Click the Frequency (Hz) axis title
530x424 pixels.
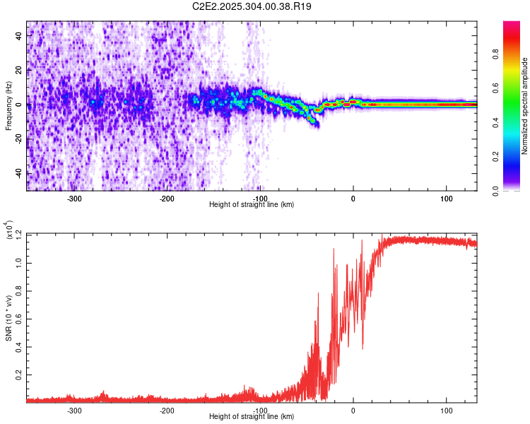point(8,105)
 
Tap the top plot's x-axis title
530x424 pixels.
point(252,205)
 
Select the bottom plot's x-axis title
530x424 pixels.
point(252,417)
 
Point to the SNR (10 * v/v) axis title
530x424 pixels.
point(8,318)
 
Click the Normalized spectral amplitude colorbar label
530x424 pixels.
point(525,106)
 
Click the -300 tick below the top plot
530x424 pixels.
point(75,199)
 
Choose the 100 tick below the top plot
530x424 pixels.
point(446,199)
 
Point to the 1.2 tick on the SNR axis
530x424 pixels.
point(20,233)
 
